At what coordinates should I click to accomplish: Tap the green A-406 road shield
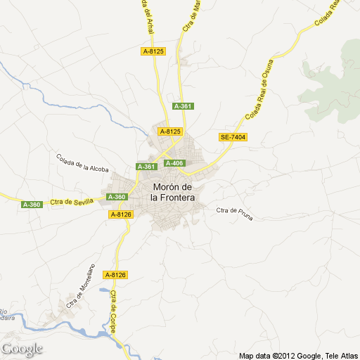click(174, 163)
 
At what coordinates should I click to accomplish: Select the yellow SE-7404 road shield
click(233, 137)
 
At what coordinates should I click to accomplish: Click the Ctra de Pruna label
click(234, 210)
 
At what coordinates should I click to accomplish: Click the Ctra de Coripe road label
click(113, 314)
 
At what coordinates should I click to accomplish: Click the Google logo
click(22, 349)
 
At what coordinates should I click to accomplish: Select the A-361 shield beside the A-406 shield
click(146, 167)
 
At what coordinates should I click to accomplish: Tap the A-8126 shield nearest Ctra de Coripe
click(115, 275)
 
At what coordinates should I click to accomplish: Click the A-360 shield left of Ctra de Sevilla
click(32, 205)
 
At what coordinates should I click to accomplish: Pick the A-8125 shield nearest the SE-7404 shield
click(170, 131)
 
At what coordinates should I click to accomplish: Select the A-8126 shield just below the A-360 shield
click(120, 214)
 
